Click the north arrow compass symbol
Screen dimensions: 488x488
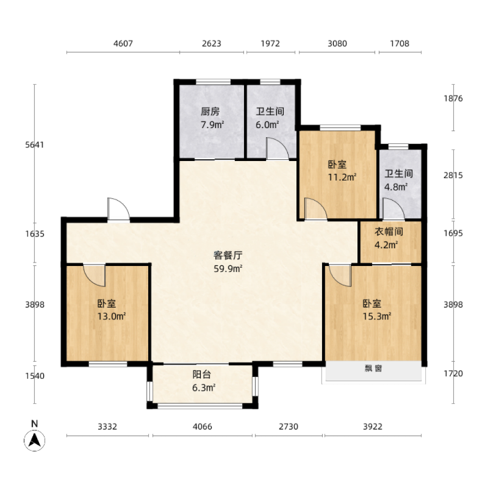point(35,439)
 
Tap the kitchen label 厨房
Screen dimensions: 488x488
point(210,112)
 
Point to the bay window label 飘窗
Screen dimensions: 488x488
point(373,369)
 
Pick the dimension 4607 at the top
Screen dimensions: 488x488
point(123,43)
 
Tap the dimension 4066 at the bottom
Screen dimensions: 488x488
point(202,426)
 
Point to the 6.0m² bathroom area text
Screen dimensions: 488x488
point(267,124)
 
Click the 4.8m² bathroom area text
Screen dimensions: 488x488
point(395,187)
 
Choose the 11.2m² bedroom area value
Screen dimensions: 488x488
point(342,177)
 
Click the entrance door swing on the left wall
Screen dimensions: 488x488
point(117,209)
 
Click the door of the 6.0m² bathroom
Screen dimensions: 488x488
point(276,149)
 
